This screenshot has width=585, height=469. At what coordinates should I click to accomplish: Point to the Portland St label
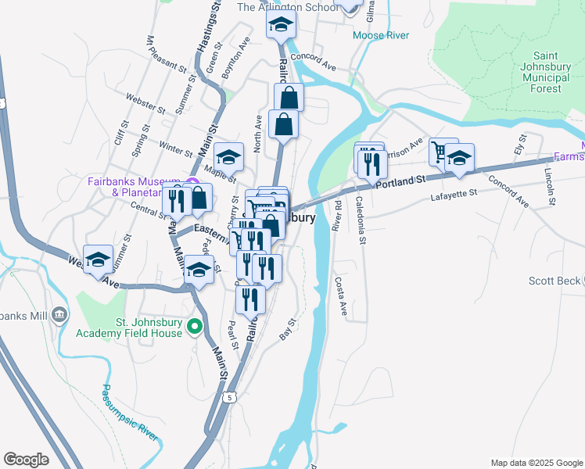coord(399,181)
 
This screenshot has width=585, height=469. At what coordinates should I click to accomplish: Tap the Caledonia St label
coord(361,220)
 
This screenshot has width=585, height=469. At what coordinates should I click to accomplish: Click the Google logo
coord(26,460)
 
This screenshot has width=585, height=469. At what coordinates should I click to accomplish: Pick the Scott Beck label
coord(555,281)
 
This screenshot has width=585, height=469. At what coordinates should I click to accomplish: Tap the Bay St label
coord(288,329)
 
